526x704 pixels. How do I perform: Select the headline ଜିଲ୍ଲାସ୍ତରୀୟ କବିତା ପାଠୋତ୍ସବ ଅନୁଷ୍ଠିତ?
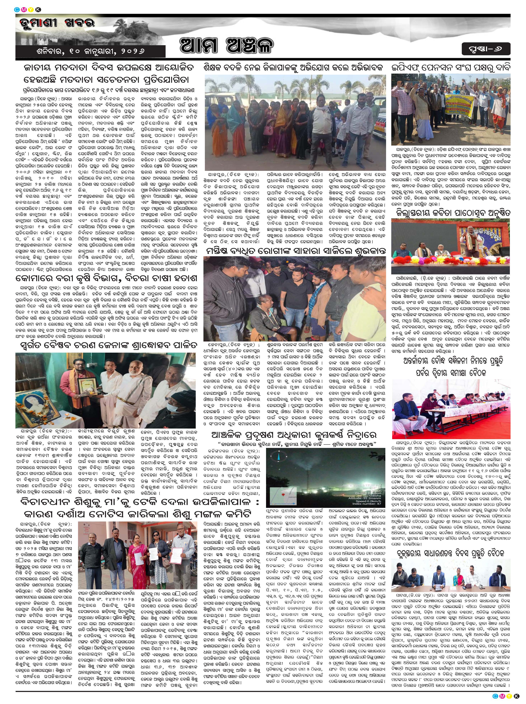tap(451, 213)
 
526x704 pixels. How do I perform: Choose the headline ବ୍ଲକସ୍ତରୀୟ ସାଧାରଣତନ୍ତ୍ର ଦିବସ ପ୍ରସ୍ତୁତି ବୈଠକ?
tap(451, 553)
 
